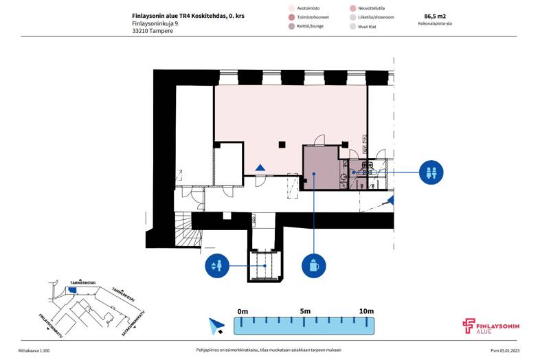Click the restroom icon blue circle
point(431,172)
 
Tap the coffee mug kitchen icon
point(314,266)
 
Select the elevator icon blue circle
point(217,266)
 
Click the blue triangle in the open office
point(260,168)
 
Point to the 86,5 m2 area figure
point(435,16)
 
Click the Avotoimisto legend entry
point(304,8)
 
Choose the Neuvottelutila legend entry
point(367,8)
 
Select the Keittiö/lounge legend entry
point(306,26)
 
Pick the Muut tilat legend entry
point(363,27)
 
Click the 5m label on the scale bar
point(305,311)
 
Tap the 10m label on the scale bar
point(366,311)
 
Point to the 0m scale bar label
point(243,312)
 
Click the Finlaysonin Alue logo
point(491,326)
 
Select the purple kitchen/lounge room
point(321,168)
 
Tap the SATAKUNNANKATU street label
point(133,323)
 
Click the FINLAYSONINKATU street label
point(51,326)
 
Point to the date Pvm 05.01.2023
point(505,350)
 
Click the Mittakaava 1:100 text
point(34,350)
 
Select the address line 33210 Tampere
point(153,31)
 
